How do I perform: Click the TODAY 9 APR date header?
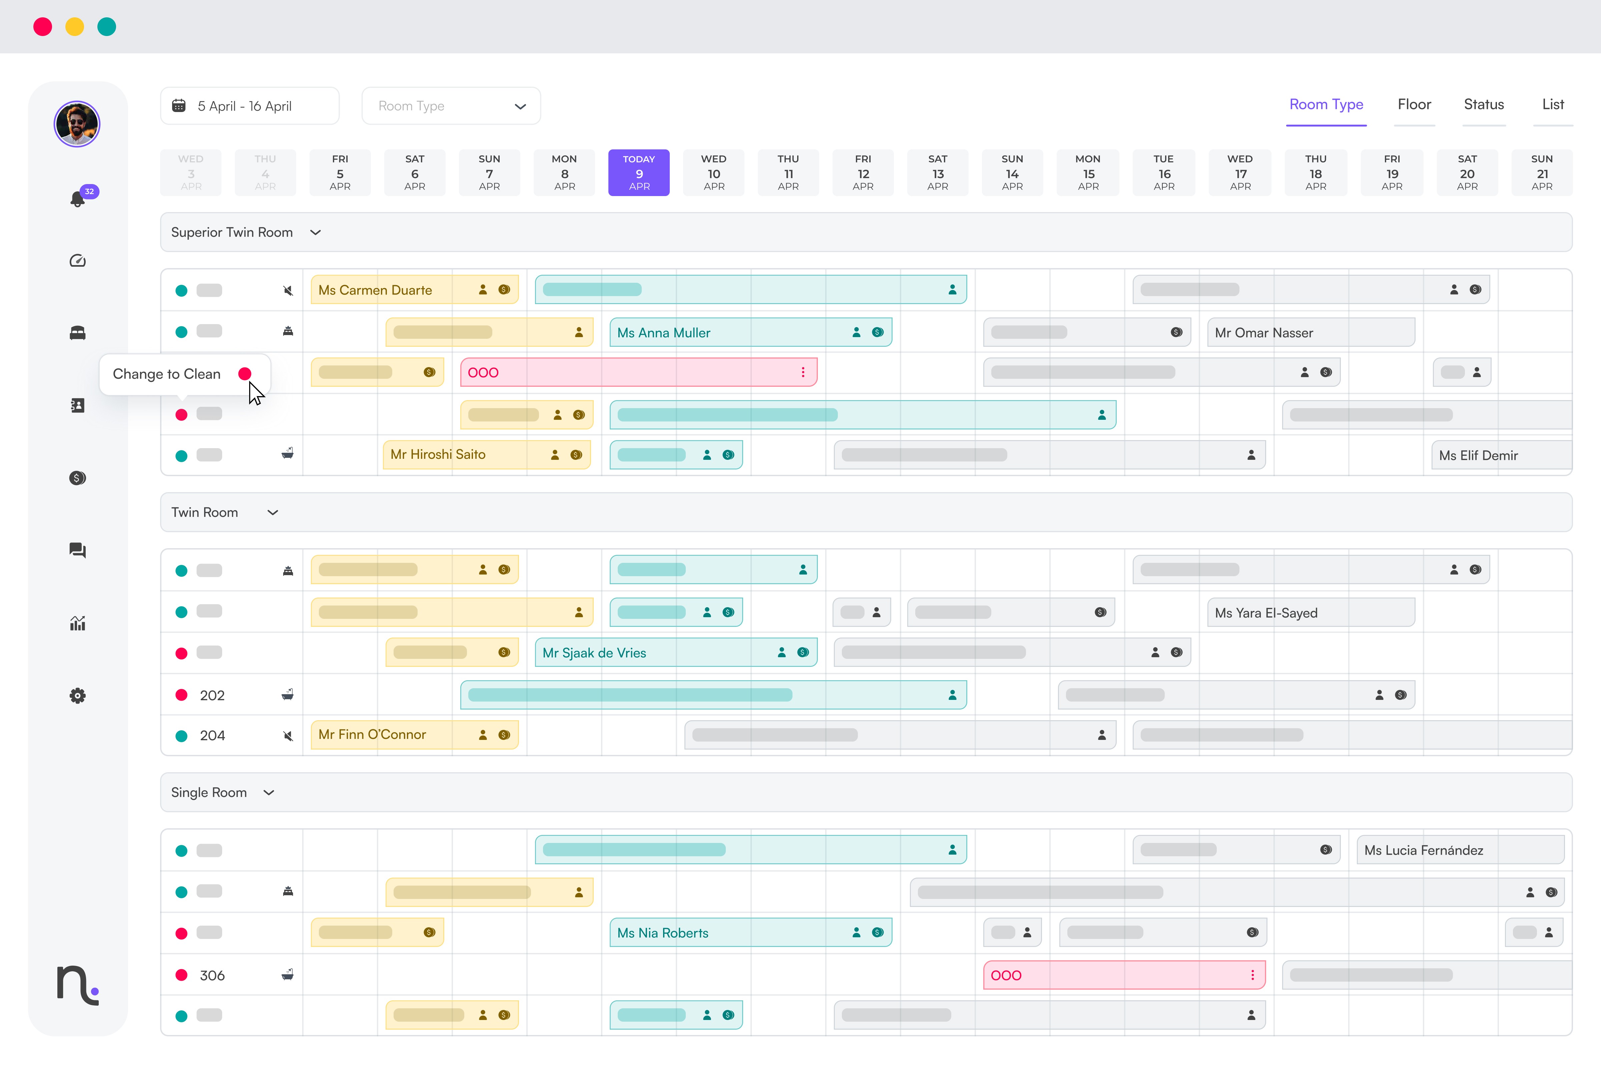tap(638, 172)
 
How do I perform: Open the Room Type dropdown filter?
tap(451, 106)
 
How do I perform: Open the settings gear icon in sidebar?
tap(78, 696)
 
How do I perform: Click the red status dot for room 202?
tap(181, 695)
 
